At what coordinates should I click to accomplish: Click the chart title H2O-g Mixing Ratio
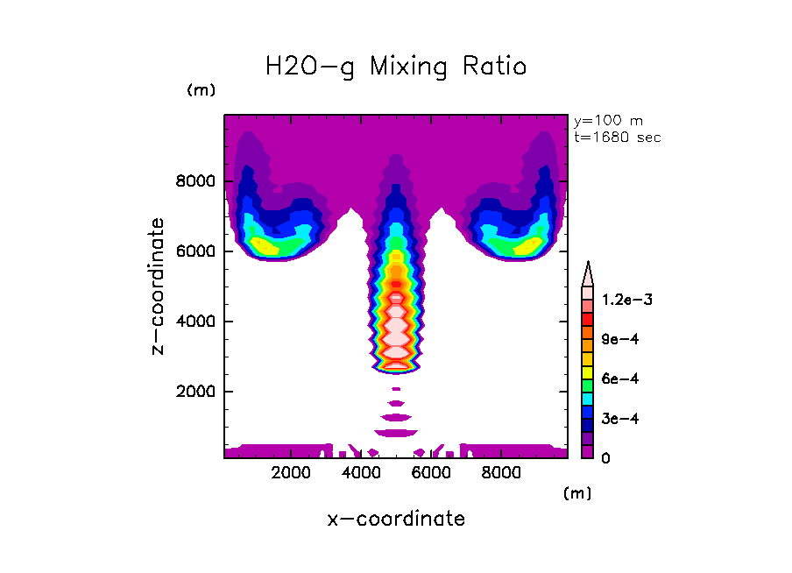coord(396,67)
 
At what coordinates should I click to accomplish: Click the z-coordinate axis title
coord(159,286)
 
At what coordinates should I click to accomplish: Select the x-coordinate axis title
coord(396,519)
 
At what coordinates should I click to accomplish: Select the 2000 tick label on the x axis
coord(291,473)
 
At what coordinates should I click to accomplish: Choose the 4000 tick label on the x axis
coord(360,473)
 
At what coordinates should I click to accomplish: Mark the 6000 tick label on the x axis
coord(430,473)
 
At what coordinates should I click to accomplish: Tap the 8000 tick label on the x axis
coord(499,473)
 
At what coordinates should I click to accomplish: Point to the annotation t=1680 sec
coord(617,137)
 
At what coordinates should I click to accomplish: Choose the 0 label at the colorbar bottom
coord(605,457)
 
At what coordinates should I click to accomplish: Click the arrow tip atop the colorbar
coord(589,266)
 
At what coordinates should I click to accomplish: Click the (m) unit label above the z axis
coord(201,90)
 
